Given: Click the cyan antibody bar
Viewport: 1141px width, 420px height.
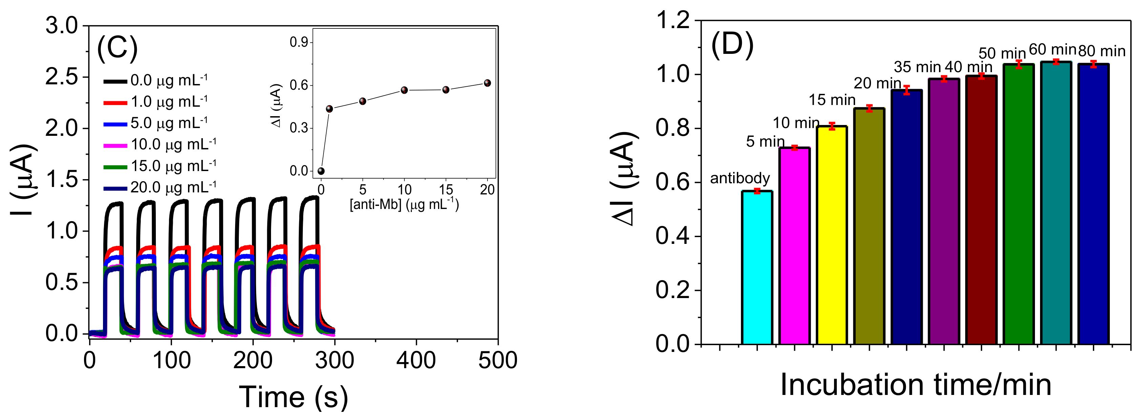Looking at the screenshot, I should [757, 268].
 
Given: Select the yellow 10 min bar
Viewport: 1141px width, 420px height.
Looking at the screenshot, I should [832, 235].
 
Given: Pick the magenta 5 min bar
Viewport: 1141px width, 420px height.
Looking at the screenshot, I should [795, 246].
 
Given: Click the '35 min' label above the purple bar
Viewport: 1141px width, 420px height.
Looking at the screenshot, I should [917, 67].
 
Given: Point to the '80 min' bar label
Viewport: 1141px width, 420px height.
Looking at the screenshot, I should [1102, 51].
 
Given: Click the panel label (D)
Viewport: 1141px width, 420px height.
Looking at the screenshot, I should [732, 46].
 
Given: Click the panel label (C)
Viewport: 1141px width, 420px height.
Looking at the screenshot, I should [117, 47].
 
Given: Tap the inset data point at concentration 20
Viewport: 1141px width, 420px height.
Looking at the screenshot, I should [487, 83].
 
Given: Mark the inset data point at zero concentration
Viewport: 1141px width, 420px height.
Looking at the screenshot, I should [321, 171].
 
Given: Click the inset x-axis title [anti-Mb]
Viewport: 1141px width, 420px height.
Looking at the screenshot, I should [404, 205].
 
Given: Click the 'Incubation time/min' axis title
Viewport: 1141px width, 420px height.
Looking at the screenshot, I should [916, 384].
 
